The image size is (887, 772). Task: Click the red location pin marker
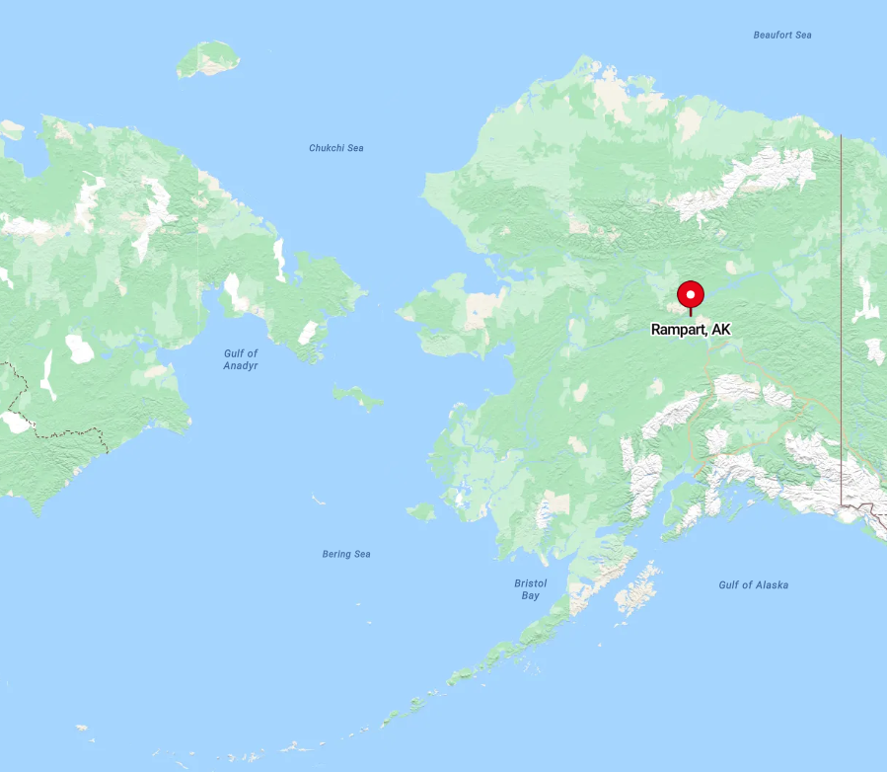(690, 295)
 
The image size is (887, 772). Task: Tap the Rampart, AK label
(691, 330)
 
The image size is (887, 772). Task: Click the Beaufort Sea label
(781, 35)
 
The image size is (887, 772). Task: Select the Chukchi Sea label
(335, 148)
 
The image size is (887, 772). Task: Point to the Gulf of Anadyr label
(240, 359)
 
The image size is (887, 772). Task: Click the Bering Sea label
(346, 554)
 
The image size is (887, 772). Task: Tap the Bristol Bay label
(530, 589)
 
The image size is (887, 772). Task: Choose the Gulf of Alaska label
(753, 584)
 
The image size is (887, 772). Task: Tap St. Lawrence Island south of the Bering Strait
(357, 397)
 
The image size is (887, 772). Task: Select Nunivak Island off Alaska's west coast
(420, 511)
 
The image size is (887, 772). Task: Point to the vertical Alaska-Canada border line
(841, 296)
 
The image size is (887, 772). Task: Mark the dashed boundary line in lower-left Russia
(59, 432)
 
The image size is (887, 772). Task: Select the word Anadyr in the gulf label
(240, 365)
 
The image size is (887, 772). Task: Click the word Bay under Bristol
(530, 595)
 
